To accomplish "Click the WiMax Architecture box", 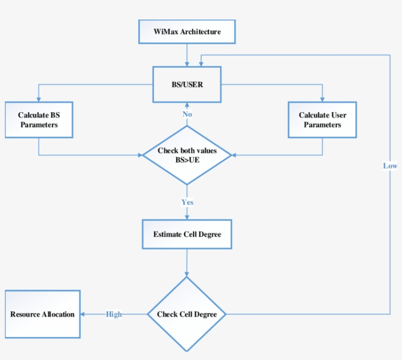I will click(x=187, y=32).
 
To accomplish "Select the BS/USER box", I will click(x=187, y=85).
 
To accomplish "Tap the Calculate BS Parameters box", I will click(x=39, y=120).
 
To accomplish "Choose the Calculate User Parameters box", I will click(x=322, y=120).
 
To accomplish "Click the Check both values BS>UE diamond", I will click(x=187, y=155).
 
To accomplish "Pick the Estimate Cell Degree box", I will click(x=187, y=234).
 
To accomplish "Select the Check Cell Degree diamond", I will click(x=187, y=314).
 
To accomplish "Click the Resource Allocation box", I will click(x=43, y=314).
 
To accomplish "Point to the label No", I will click(x=187, y=114).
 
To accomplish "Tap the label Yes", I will click(x=187, y=202).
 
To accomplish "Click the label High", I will click(x=114, y=314).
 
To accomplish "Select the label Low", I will click(x=390, y=166).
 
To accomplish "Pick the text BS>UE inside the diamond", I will click(x=187, y=160).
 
